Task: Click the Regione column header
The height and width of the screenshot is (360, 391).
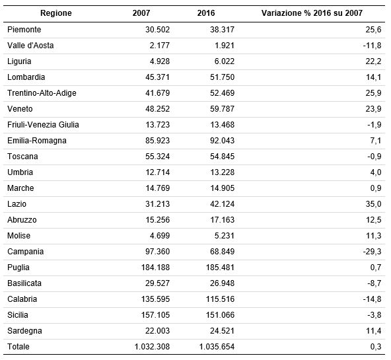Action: pos(56,13)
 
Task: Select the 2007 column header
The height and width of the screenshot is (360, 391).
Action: pos(141,13)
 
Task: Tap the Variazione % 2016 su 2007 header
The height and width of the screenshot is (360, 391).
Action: pos(312,13)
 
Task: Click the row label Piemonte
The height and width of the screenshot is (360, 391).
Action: pos(24,30)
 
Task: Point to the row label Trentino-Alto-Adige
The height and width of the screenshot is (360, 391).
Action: pos(42,92)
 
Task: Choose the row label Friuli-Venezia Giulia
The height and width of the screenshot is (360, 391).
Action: pos(43,124)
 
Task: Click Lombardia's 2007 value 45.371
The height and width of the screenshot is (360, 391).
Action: pos(158,77)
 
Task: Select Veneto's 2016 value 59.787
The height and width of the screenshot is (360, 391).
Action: pos(222,109)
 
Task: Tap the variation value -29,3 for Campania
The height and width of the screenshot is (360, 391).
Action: pos(372,251)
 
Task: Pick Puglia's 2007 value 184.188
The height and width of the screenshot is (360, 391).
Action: pos(155,268)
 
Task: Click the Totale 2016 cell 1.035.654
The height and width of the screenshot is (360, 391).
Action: pos(217,347)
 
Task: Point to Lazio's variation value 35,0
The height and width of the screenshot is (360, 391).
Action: pos(374,204)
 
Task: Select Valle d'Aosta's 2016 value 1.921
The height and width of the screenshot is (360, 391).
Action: pos(225,46)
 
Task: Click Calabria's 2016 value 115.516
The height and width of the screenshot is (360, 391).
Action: pos(220,299)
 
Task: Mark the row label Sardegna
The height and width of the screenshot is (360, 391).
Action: pos(24,331)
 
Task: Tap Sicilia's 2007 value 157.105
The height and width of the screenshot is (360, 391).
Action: pos(155,315)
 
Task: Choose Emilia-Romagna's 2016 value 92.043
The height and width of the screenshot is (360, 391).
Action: pos(222,140)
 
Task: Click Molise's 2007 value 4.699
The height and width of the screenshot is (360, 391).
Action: pos(160,236)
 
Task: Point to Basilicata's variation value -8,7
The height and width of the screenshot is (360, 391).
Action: pos(374,283)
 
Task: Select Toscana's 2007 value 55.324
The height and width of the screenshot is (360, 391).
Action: pos(158,157)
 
